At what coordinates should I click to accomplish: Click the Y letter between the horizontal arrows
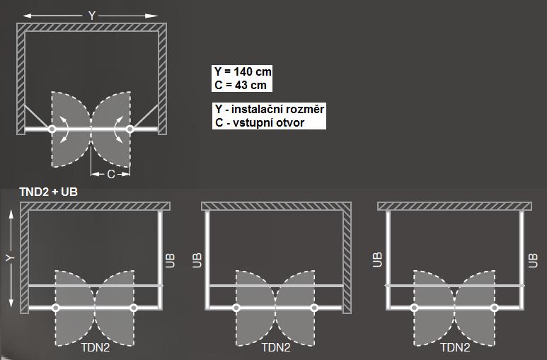pos(91,16)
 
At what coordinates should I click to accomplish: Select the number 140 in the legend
pos(243,71)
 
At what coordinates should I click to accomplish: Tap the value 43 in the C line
pos(240,85)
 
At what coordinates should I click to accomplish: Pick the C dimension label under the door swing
pos(110,174)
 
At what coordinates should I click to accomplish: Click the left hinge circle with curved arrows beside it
pos(52,129)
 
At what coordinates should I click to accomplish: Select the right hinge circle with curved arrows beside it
pos(129,129)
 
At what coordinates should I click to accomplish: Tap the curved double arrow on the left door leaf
pos(65,129)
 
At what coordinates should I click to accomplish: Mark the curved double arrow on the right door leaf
pos(118,129)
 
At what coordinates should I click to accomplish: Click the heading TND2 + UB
pos(49,192)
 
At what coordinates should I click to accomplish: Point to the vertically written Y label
pos(11,258)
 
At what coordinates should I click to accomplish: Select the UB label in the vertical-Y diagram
pos(170,260)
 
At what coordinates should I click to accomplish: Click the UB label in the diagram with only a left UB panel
pos(197,260)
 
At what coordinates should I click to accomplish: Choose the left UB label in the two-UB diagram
pos(377,260)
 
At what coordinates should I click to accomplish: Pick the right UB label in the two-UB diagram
pos(533,260)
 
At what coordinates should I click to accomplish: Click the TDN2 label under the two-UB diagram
pos(455,347)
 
